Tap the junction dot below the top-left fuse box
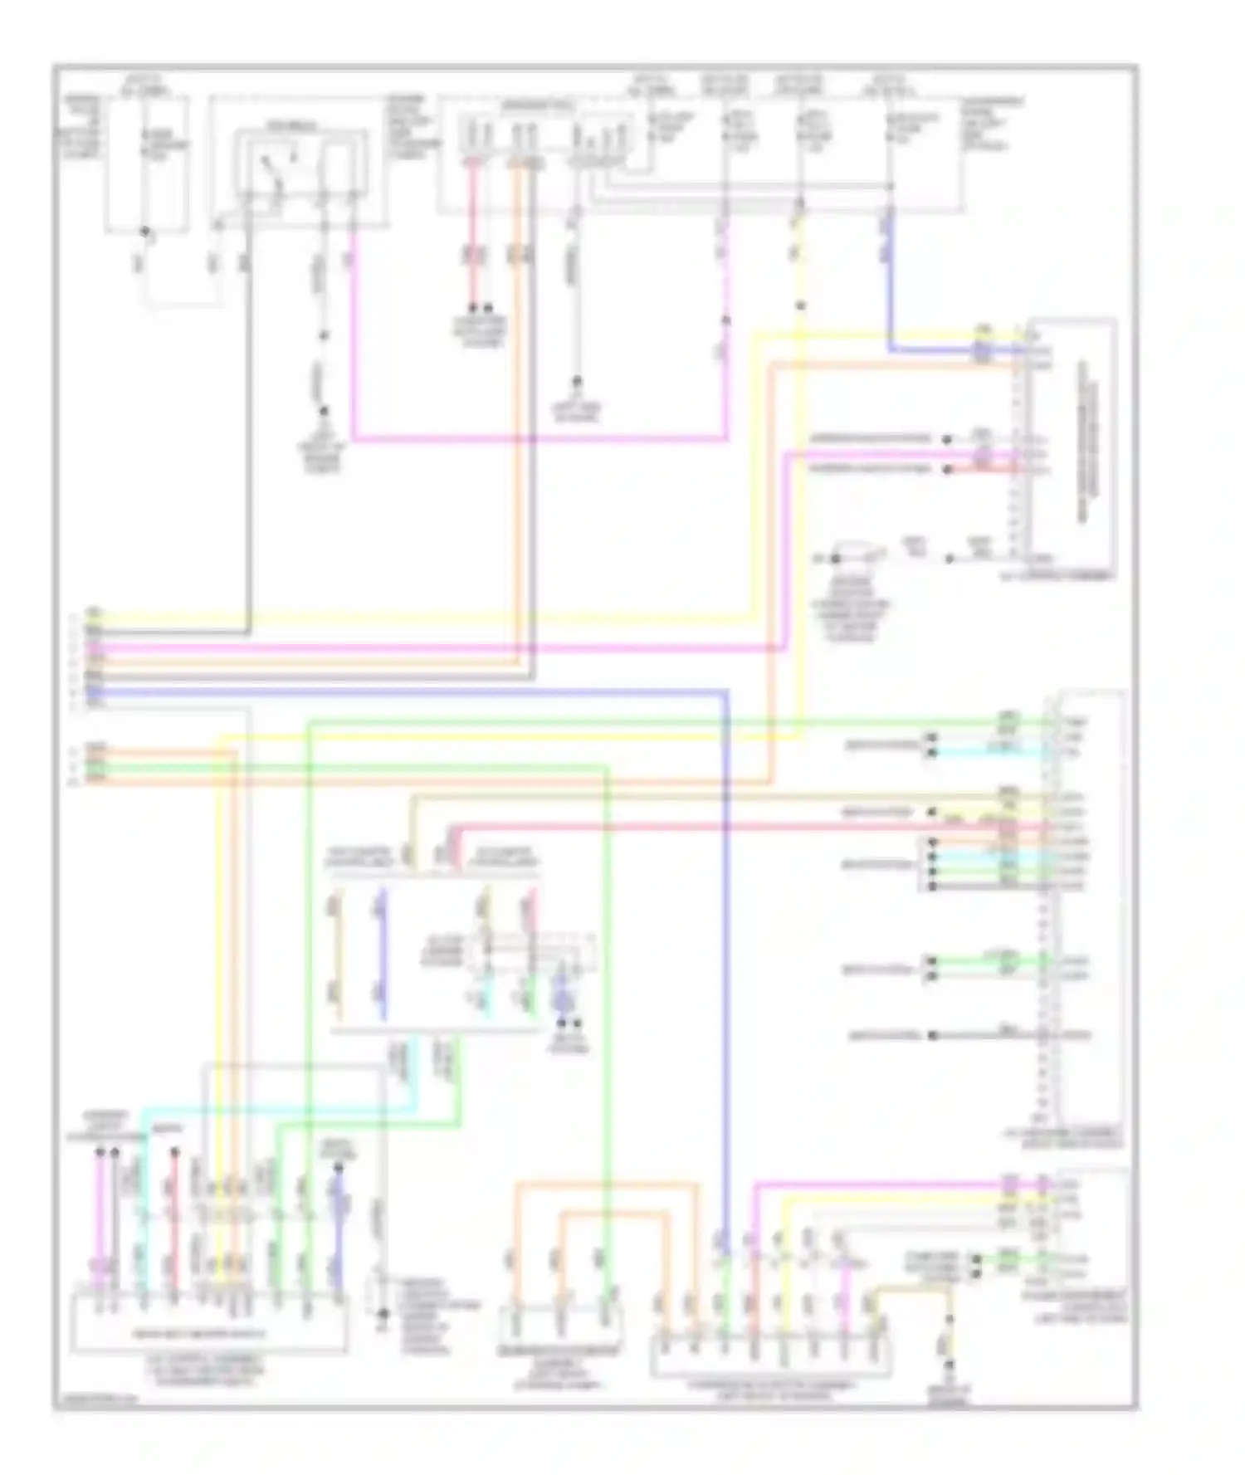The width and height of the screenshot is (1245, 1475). click(x=146, y=232)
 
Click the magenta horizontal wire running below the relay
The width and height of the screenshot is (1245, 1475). click(x=539, y=437)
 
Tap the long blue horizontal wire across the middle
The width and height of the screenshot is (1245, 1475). click(x=415, y=691)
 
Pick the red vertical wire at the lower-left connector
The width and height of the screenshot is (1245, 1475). click(x=174, y=1220)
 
